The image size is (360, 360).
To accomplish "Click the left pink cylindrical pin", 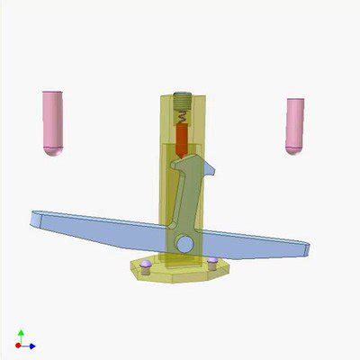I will tap(53, 121).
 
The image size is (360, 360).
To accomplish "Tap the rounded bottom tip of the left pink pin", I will tap(54, 152).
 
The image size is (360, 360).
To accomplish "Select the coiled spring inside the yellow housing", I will tap(183, 116).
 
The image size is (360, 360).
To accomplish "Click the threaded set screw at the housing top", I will tap(183, 99).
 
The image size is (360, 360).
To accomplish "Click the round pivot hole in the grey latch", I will tap(184, 243).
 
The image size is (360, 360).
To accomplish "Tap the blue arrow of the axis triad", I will tap(32, 346).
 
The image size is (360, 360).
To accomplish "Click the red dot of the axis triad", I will tap(20, 346).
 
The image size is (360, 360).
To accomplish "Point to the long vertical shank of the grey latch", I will tap(186, 202).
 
